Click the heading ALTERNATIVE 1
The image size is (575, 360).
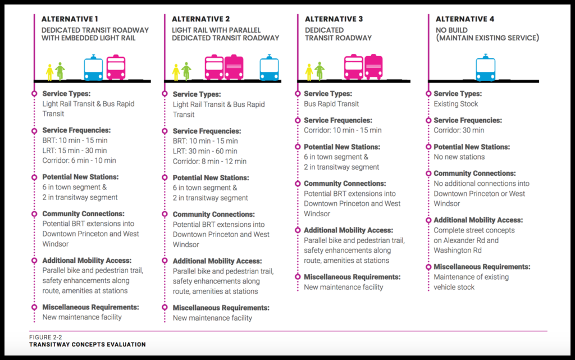[x=70, y=19]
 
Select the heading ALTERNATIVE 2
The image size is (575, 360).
[x=200, y=19]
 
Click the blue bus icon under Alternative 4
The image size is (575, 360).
[x=485, y=69]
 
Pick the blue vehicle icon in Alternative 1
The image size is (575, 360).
[x=93, y=68]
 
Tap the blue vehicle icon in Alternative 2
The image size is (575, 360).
[x=269, y=68]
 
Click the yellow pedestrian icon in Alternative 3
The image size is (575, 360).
[x=309, y=72]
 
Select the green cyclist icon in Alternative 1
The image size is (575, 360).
[x=60, y=71]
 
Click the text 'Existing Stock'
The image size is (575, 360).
[x=456, y=104]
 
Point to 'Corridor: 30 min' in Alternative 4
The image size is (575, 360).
[x=459, y=130]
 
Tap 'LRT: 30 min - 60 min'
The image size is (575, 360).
[x=205, y=151]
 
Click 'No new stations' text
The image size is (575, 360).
[x=459, y=157]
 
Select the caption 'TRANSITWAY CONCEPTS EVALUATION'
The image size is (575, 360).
[x=87, y=344]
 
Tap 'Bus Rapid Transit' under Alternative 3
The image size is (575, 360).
[x=331, y=104]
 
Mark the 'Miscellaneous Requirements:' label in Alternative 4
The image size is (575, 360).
[x=482, y=267]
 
